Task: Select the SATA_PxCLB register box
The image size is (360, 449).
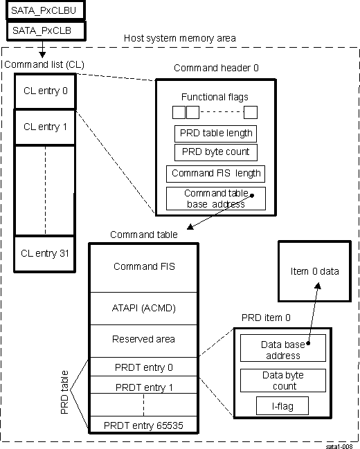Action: point(46,30)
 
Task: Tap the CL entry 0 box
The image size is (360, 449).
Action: point(46,90)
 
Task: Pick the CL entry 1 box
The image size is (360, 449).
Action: point(46,127)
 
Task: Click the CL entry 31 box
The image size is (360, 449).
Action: point(46,253)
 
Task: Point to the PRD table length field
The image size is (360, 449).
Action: point(215,133)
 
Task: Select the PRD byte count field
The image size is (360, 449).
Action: point(215,152)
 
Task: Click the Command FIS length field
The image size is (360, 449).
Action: point(215,173)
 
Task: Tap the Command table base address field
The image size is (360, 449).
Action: point(215,199)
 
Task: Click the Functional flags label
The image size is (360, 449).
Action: point(215,97)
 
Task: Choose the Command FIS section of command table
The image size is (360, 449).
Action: point(144,266)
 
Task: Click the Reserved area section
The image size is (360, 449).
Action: point(144,339)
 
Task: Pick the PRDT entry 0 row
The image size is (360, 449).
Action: point(144,367)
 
